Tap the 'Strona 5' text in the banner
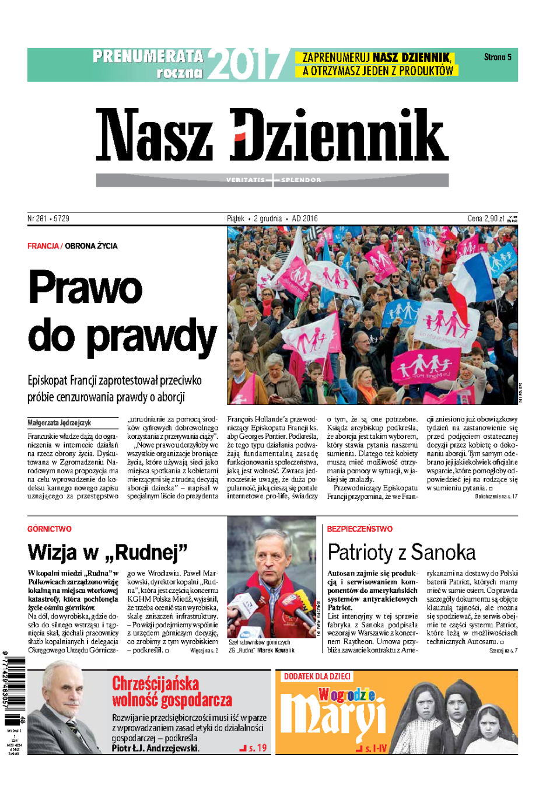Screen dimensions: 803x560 pos(497,57)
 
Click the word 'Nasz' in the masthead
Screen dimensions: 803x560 pos(154,135)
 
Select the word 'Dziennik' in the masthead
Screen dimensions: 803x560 pos(339,135)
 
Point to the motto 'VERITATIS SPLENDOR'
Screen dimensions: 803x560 pos(273,180)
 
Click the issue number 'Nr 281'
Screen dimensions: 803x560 pos(37,219)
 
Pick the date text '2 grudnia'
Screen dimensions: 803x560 pos(268,219)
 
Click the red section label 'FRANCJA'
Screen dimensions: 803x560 pos(43,246)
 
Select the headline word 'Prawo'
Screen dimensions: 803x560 pos(86,287)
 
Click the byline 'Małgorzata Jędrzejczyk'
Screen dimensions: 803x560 pos(59,423)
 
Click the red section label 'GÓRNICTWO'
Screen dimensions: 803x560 pos(49,529)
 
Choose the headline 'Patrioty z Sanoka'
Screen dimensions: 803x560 pos(401,552)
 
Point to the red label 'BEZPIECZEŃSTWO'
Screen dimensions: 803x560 pos(359,529)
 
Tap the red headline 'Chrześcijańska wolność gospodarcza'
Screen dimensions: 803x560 pos(172,692)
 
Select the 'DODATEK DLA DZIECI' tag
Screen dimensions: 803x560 pos(317,676)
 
